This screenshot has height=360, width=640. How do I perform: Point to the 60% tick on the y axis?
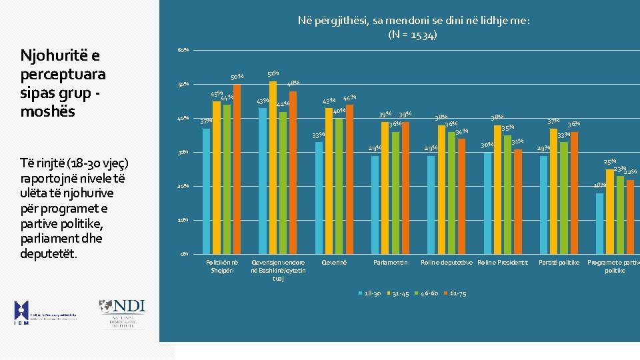pyautogui.click(x=183, y=51)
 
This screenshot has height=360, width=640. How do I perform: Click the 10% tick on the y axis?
pyautogui.click(x=183, y=220)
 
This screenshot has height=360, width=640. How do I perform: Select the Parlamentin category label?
pyautogui.click(x=390, y=263)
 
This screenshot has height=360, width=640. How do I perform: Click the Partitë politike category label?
pyautogui.click(x=559, y=263)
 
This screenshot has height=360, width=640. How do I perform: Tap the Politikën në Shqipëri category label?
pyautogui.click(x=222, y=266)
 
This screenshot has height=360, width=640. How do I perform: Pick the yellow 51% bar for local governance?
pyautogui.click(x=273, y=167)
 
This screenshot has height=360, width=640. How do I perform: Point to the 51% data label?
pyautogui.click(x=273, y=73)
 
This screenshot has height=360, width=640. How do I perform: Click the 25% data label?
pyautogui.click(x=609, y=162)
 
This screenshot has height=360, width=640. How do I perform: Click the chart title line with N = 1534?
pyautogui.click(x=413, y=35)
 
